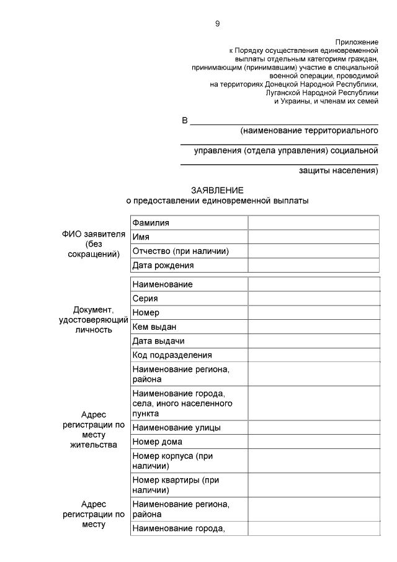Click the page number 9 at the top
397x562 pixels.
point(217,24)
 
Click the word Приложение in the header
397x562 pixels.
point(357,42)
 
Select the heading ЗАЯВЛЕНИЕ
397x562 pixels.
point(217,191)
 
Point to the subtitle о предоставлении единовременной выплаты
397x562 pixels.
point(217,201)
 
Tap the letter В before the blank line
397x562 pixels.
point(185,120)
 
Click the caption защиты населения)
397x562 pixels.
point(339,170)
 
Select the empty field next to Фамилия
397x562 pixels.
point(313,222)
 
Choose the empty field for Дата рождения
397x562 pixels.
point(313,265)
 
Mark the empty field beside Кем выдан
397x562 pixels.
point(313,327)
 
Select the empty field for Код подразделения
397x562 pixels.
point(313,355)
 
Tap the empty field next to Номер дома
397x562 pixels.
point(313,442)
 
